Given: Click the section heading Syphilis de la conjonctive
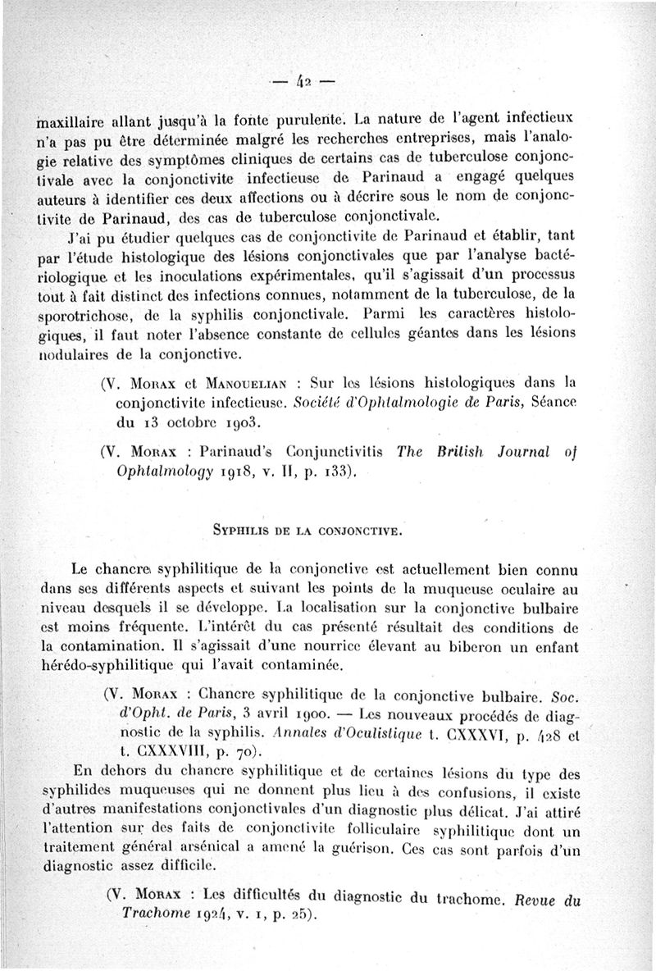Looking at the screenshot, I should coord(307,531).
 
